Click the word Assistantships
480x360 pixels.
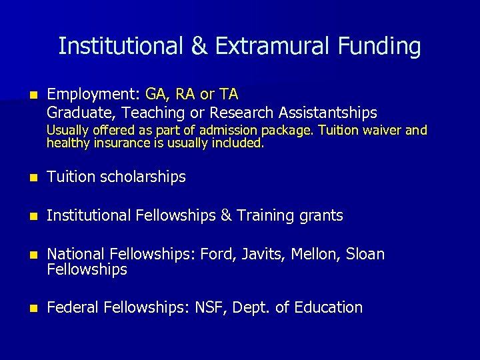click(x=327, y=113)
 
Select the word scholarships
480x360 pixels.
click(x=144, y=177)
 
